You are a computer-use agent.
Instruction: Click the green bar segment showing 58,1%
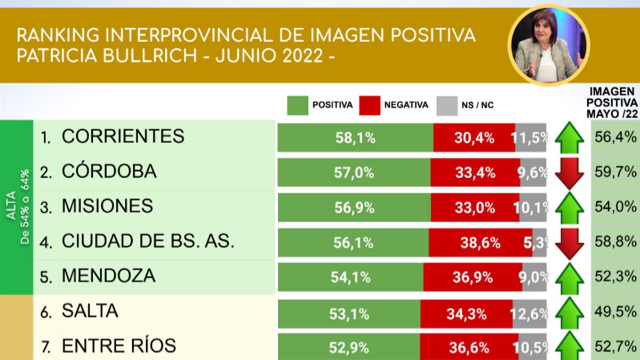[355, 138]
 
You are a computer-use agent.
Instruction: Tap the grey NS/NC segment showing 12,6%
[530, 314]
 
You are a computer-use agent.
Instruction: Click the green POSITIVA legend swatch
[297, 105]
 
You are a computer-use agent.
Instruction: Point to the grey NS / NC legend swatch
[446, 105]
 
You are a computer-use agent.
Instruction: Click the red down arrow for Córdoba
[569, 173]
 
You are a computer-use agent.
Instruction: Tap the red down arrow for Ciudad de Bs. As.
[569, 243]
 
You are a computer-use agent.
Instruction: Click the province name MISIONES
[107, 206]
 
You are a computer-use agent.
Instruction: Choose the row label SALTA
[90, 311]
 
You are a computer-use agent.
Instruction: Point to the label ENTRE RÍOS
[118, 346]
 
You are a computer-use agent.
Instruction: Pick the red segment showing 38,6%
[473, 243]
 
